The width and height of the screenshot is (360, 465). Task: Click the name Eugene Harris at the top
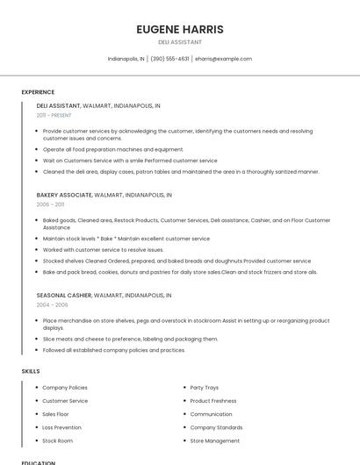[x=180, y=29]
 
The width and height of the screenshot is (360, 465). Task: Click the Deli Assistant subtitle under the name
[x=180, y=42]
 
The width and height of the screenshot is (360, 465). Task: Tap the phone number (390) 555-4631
[x=169, y=59]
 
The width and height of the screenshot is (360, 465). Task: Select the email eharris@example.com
[x=223, y=59]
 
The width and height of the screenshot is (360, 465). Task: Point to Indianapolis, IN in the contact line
[x=126, y=59]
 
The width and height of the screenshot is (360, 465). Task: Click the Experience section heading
[x=38, y=92]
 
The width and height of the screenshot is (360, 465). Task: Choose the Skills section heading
[x=31, y=371]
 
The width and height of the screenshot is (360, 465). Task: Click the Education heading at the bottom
[x=38, y=462]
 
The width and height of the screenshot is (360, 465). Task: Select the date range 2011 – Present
[x=54, y=115]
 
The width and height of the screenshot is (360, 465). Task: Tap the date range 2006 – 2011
[x=49, y=204]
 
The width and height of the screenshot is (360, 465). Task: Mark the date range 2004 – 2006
[x=52, y=305]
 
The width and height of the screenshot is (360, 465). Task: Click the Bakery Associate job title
[x=64, y=195]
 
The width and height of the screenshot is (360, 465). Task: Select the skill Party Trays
[x=204, y=387]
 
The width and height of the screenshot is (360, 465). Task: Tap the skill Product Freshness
[x=213, y=400]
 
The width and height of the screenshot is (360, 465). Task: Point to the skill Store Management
[x=214, y=440]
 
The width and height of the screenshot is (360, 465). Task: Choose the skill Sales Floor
[x=55, y=414]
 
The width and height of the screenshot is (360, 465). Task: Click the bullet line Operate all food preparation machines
[x=113, y=149]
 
